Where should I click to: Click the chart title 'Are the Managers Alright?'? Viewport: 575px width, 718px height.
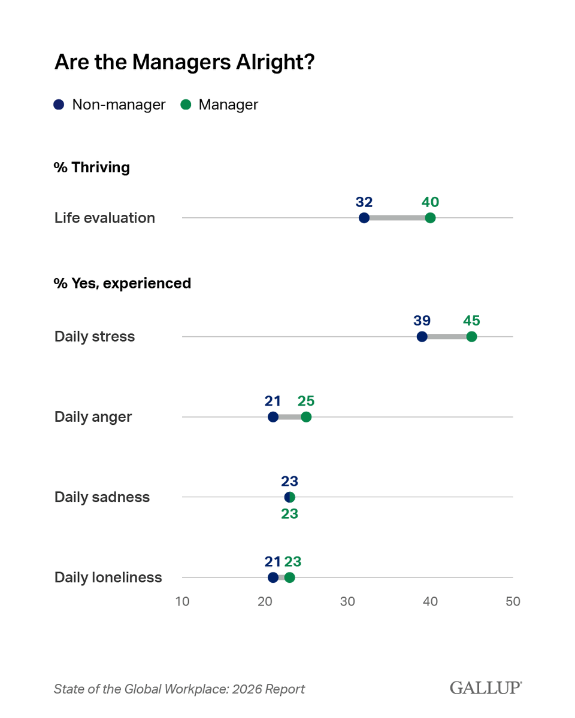(184, 62)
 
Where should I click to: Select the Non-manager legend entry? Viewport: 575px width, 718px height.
(110, 105)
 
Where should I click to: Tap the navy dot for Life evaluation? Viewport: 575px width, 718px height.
(364, 218)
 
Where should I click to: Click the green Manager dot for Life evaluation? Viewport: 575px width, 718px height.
(430, 218)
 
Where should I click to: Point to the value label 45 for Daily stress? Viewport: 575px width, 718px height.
(471, 321)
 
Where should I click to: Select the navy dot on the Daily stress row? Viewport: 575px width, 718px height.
(422, 337)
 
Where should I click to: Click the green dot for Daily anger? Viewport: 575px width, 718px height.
(306, 417)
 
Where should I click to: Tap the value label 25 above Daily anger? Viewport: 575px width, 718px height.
(306, 401)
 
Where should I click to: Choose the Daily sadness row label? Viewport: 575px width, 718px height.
(102, 497)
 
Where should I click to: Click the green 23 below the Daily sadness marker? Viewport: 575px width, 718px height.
(289, 513)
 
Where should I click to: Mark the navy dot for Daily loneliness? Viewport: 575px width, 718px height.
(273, 577)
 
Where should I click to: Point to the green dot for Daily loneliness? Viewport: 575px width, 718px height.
(290, 577)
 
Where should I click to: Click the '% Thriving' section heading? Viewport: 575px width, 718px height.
(92, 168)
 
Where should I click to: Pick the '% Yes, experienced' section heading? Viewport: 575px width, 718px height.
(122, 283)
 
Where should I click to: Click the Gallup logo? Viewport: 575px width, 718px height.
(486, 688)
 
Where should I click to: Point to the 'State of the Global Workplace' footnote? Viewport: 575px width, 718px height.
(179, 689)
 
